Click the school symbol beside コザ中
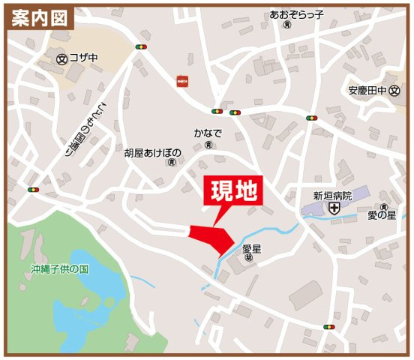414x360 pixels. (61, 57)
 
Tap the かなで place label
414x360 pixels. (208, 133)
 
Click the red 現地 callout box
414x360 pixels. (233, 192)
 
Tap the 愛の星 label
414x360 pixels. (381, 216)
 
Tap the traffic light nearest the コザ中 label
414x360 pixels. (139, 47)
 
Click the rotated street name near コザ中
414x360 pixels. (85, 128)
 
